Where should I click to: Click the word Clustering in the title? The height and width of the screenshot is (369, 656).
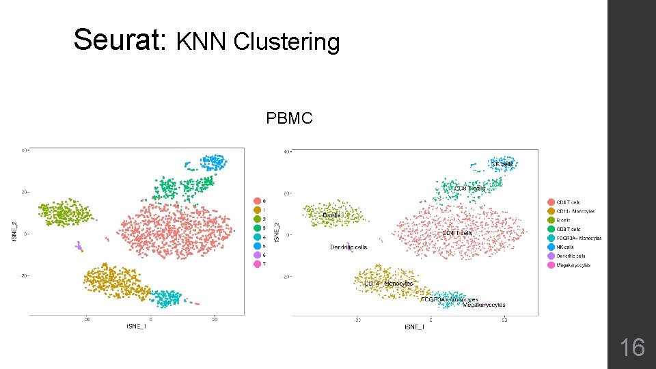pos(286,42)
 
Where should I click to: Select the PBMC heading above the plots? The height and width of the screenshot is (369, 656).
pos(289,119)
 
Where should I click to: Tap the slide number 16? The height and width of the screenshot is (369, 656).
pos(631,348)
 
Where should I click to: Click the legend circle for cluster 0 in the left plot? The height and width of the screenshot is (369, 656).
pos(257,201)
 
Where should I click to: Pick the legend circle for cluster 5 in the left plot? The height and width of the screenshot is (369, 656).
pos(257,245)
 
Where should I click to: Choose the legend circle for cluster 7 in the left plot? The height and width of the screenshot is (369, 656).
pos(257,264)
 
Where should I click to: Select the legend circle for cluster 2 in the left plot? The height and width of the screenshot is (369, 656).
pos(257,219)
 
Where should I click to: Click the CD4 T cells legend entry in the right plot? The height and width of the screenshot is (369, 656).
pos(568,202)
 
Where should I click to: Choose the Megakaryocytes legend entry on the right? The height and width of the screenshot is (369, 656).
pos(573,264)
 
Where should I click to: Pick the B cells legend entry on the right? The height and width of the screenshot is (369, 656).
pos(563,220)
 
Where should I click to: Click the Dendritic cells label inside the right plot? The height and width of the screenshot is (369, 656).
pos(348,247)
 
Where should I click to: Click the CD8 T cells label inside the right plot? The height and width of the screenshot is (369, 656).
pos(469,188)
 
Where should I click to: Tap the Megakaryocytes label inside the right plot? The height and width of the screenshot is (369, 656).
pos(484,305)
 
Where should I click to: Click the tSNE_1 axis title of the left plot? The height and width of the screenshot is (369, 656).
pos(136,327)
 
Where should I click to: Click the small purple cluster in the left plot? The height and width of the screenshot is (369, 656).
pos(79,245)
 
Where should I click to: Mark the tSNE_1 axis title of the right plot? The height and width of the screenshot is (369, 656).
pos(413,327)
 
